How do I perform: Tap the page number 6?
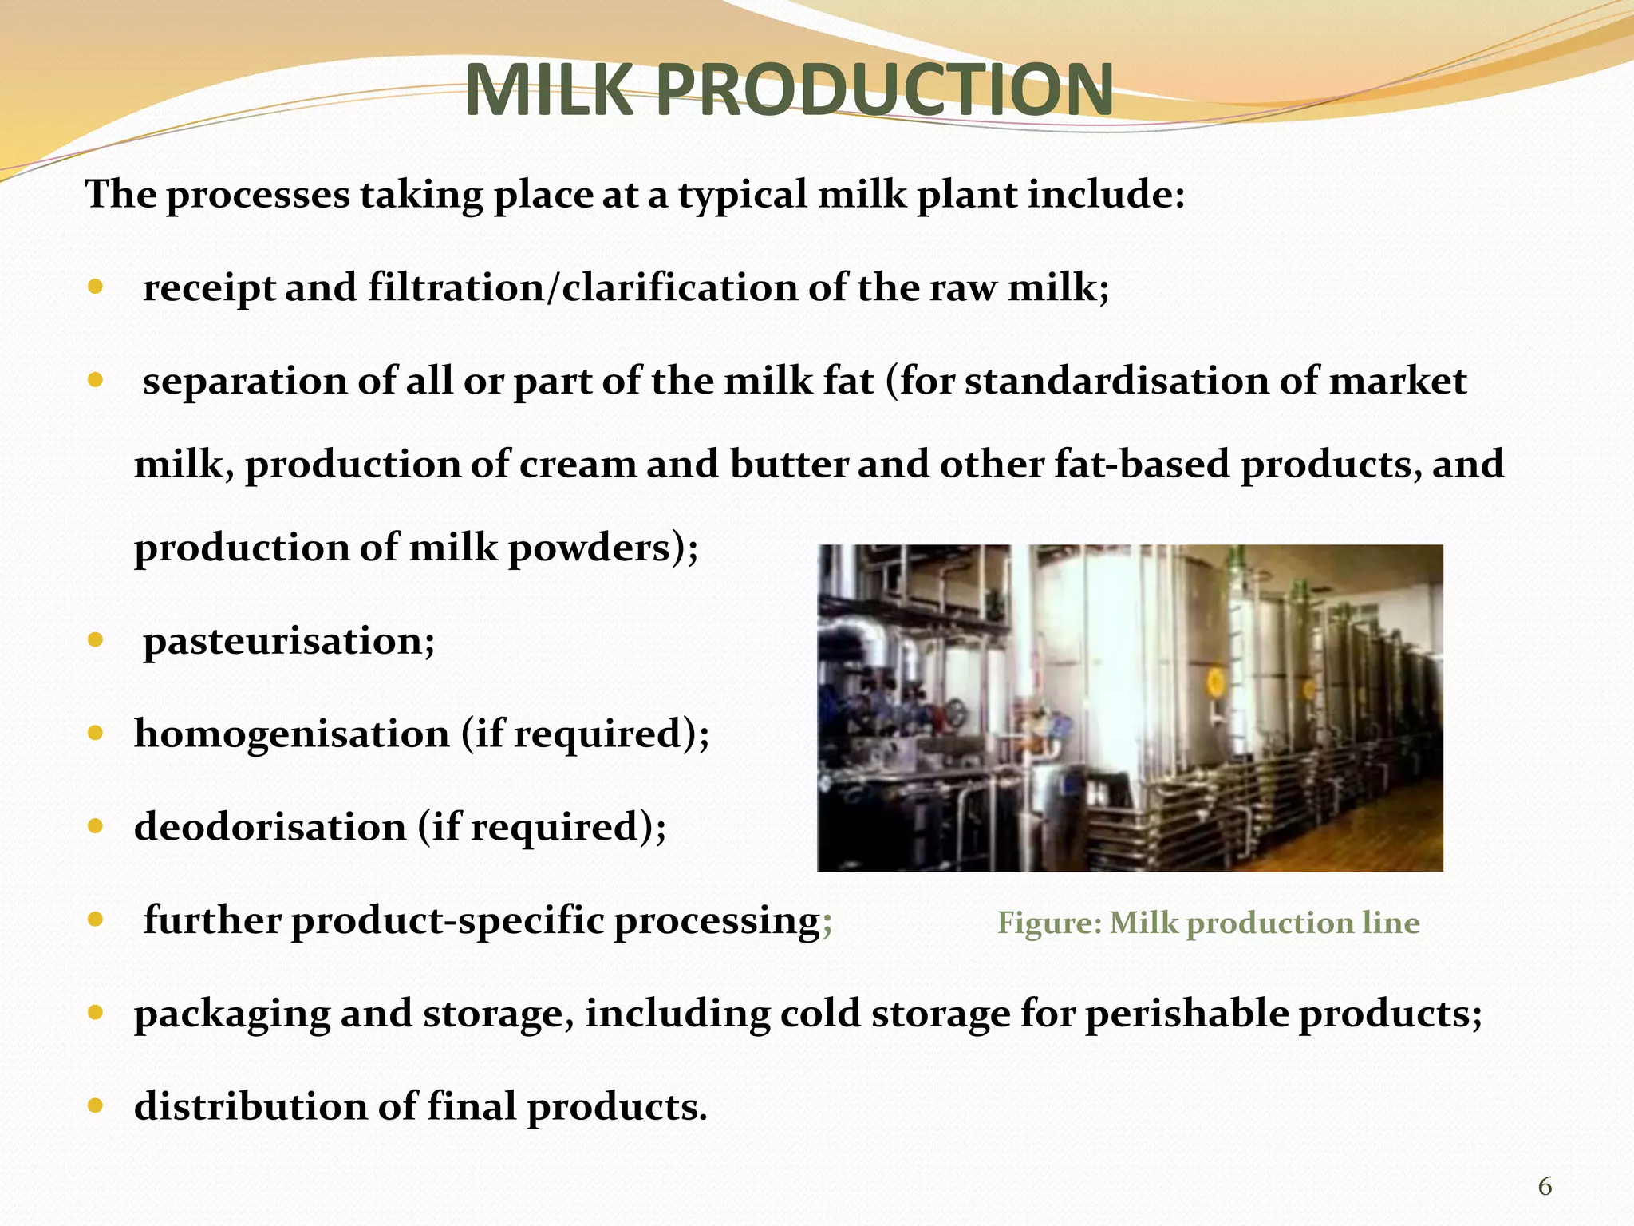click(x=1545, y=1187)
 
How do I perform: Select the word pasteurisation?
click(x=289, y=641)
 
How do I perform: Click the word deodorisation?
click(x=270, y=827)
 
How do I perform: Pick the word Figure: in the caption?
click(x=1049, y=923)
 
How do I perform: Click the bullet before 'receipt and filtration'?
click(x=96, y=287)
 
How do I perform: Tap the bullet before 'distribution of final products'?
click(x=96, y=1106)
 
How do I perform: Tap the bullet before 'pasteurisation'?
click(x=96, y=640)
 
